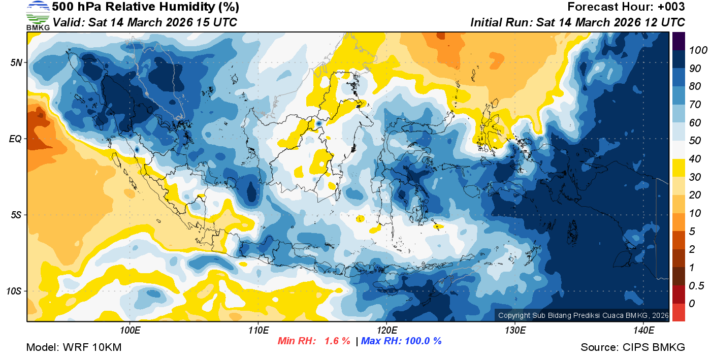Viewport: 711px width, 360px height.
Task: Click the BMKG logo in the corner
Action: pyautogui.click(x=38, y=15)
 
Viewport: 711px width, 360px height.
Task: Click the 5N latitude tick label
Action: pyautogui.click(x=17, y=62)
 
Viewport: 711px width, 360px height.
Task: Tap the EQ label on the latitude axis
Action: pyautogui.click(x=16, y=139)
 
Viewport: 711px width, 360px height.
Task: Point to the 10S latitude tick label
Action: pyautogui.click(x=15, y=291)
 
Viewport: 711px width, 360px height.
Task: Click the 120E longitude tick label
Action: pyautogui.click(x=386, y=331)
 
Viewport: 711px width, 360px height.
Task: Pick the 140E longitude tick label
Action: pyautogui.click(x=643, y=331)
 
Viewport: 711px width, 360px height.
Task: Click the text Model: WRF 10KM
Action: pyautogui.click(x=74, y=348)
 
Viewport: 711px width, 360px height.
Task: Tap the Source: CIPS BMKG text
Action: pyautogui.click(x=633, y=348)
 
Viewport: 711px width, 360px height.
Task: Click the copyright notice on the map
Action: pyautogui.click(x=583, y=315)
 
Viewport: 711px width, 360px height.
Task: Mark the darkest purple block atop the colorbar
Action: pyautogui.click(x=679, y=41)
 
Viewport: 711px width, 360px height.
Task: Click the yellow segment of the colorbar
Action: pyautogui.click(x=679, y=168)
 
